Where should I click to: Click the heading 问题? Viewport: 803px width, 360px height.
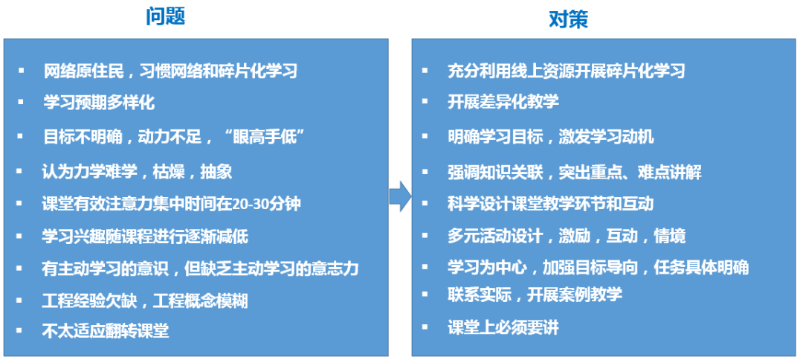[x=164, y=16]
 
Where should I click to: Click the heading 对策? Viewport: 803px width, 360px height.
[x=568, y=19]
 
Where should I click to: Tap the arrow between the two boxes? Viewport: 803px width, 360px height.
[x=400, y=197]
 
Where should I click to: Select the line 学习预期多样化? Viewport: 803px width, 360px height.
[x=99, y=103]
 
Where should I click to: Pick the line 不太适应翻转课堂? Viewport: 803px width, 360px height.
[x=106, y=331]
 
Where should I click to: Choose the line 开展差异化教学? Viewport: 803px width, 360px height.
[x=503, y=101]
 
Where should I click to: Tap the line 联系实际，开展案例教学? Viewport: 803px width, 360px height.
[x=535, y=295]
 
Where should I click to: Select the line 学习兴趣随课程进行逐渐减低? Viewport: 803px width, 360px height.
[x=145, y=237]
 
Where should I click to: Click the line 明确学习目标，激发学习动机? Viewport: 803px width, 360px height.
[x=550, y=136]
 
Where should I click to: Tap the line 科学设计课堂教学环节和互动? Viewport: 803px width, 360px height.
[x=550, y=203]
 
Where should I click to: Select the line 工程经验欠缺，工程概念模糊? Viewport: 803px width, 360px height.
[x=145, y=300]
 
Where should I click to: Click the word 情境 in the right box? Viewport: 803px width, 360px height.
[x=669, y=237]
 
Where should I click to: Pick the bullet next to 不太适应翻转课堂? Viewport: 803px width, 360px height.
[x=22, y=331]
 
